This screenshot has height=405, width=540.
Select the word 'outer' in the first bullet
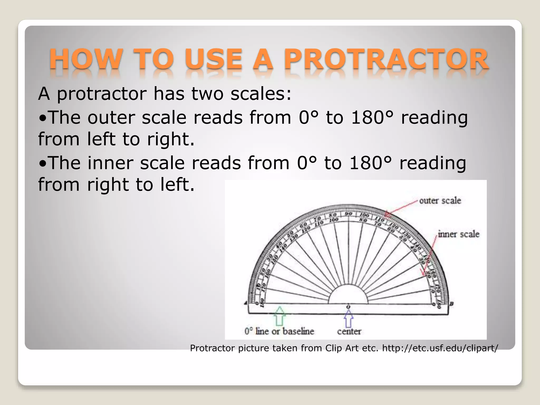click(x=111, y=117)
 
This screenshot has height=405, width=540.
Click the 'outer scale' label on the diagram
click(x=440, y=201)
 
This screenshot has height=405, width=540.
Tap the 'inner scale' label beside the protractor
click(x=459, y=234)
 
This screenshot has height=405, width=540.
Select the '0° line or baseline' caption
click(x=279, y=331)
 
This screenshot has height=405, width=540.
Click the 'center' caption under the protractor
click(x=349, y=331)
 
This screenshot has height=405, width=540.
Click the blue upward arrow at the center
click(x=349, y=318)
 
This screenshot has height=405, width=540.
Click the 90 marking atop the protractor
click(x=348, y=214)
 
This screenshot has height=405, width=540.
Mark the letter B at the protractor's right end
click(x=451, y=304)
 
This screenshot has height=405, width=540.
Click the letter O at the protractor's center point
click(x=348, y=307)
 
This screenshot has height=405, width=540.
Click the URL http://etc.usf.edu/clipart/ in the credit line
click(x=440, y=348)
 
